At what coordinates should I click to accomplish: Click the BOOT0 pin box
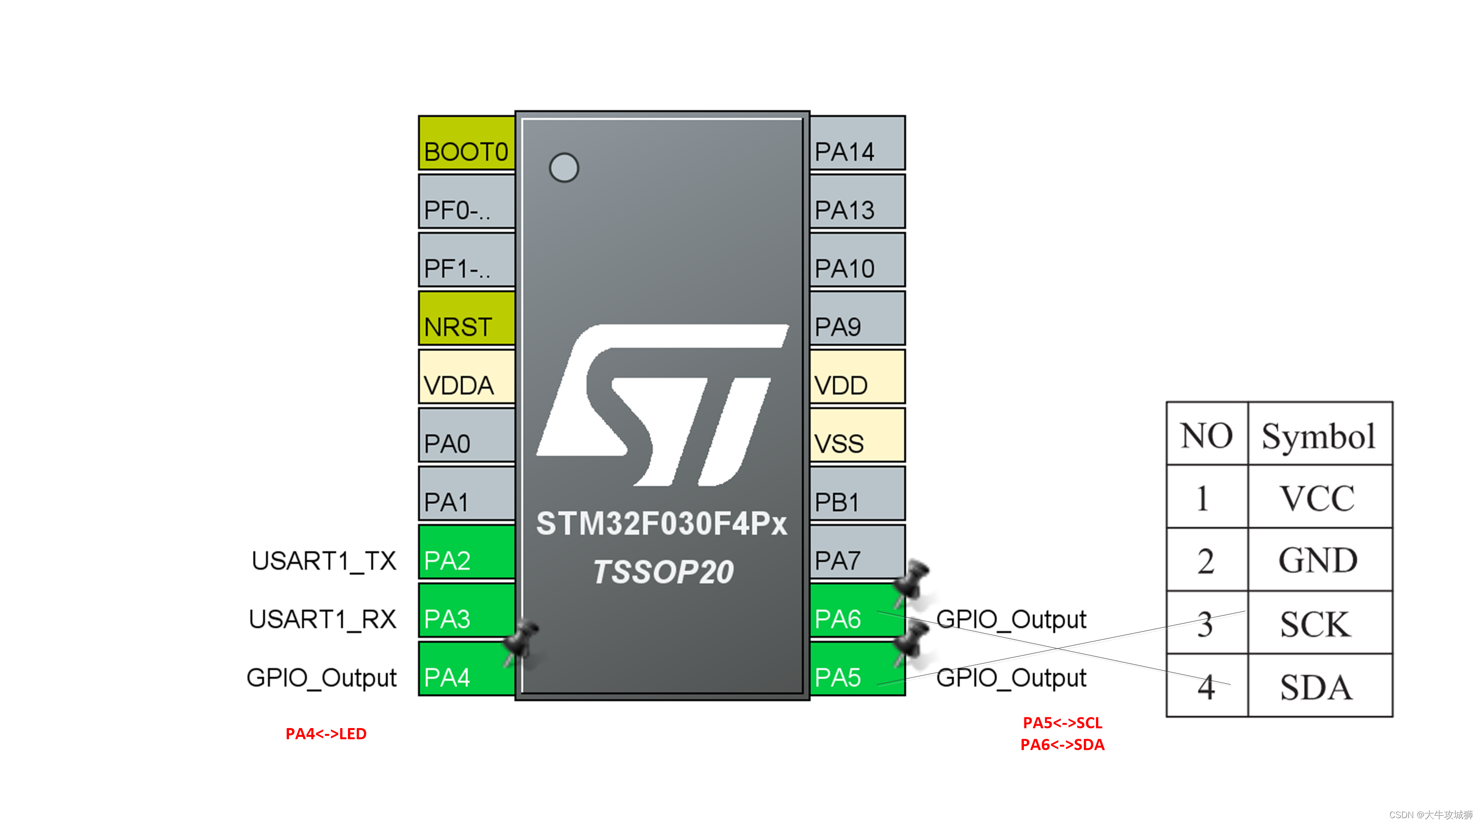point(466,143)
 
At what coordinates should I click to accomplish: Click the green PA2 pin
point(466,552)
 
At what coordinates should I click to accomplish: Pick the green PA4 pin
point(466,669)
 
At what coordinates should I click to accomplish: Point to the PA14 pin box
point(857,143)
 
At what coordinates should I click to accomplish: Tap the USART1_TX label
point(324,561)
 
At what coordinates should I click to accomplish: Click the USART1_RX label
point(322,619)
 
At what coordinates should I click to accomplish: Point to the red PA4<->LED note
point(326,734)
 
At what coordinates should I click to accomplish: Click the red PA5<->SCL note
point(1062,722)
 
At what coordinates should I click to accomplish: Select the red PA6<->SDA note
point(1062,745)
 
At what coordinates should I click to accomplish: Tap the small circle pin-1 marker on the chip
point(564,168)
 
